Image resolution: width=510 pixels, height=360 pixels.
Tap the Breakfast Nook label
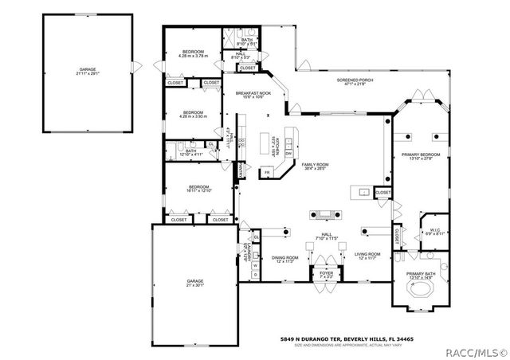[253, 93]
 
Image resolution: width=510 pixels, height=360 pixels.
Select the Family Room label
[316, 164]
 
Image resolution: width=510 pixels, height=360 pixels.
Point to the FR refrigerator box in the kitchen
[268, 172]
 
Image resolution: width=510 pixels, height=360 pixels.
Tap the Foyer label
[327, 272]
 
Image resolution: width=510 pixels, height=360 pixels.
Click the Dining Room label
[285, 257]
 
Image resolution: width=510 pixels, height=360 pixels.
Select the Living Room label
[367, 254]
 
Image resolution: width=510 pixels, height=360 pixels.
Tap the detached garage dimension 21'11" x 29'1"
[87, 73]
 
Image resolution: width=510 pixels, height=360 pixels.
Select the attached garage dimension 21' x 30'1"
[195, 285]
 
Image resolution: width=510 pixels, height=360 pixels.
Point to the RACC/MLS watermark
[480, 350]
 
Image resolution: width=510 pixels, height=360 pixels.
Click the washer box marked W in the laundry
[254, 266]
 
